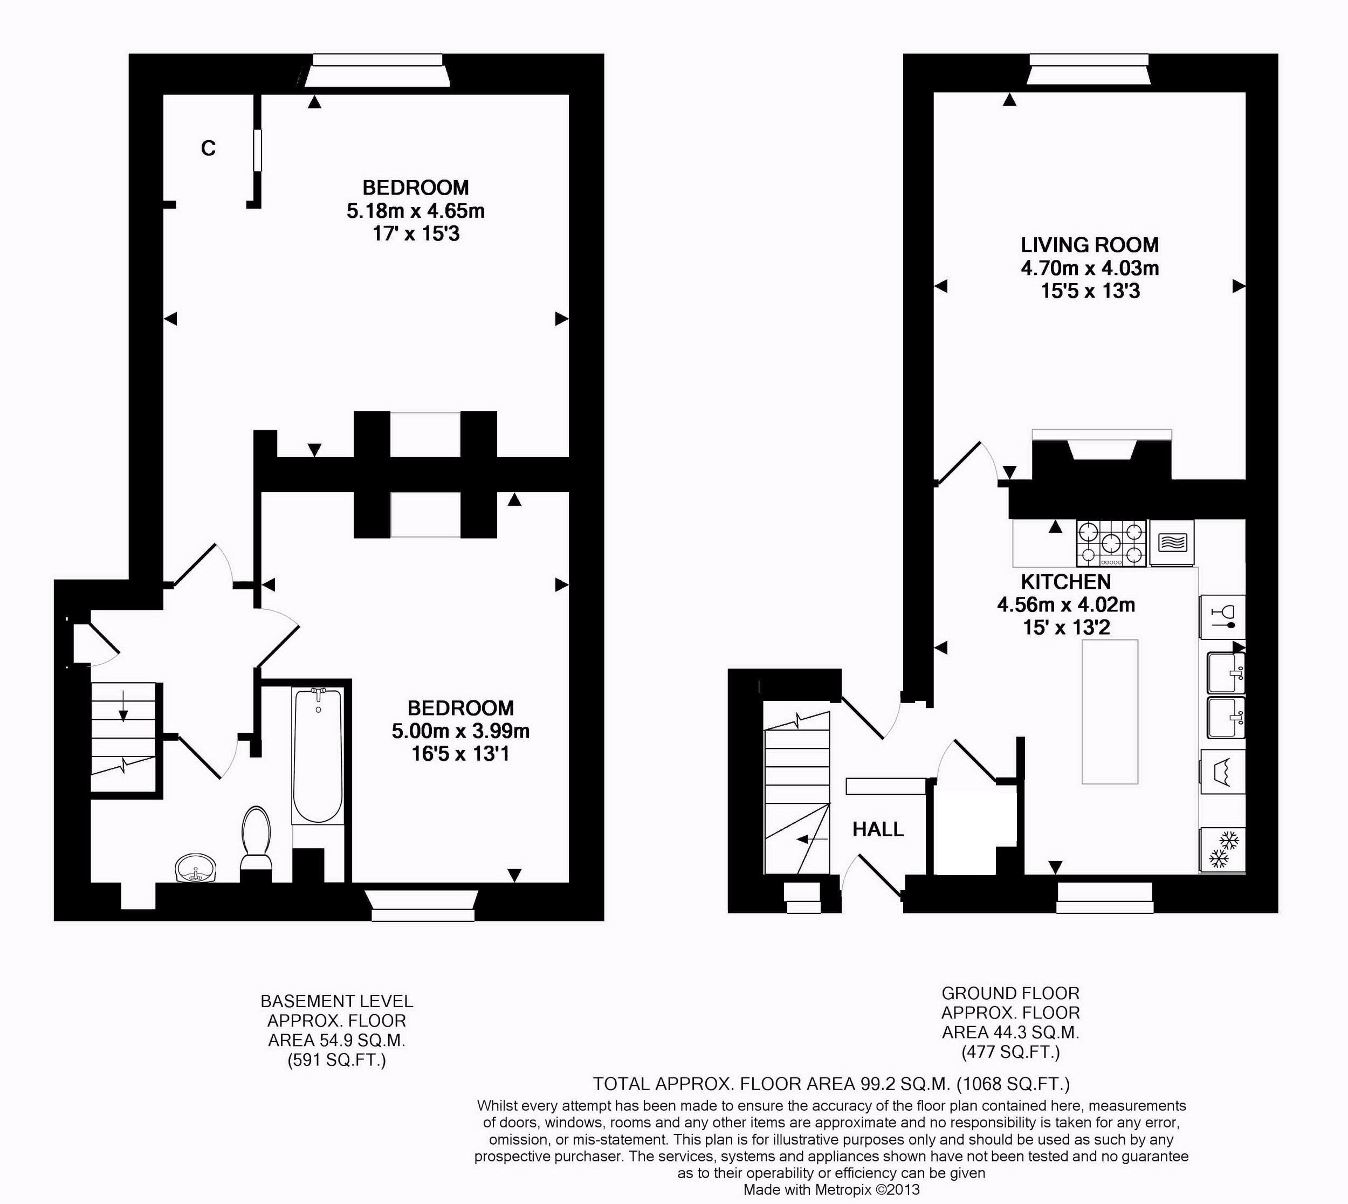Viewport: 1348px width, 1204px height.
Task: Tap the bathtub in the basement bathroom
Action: pyautogui.click(x=318, y=755)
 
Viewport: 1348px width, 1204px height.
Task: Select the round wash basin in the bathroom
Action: pyautogui.click(x=195, y=869)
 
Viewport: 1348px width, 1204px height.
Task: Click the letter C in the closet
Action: pyautogui.click(x=208, y=149)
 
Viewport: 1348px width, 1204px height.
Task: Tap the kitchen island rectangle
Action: pyautogui.click(x=1110, y=711)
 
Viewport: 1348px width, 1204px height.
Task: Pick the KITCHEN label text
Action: pyautogui.click(x=1065, y=582)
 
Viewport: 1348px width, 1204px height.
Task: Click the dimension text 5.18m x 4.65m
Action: pyautogui.click(x=415, y=211)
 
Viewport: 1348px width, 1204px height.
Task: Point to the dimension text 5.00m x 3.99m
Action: pyautogui.click(x=460, y=731)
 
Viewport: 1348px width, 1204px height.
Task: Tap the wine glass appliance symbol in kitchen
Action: pyautogui.click(x=1222, y=616)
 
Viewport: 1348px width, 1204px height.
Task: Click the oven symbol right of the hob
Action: pyautogui.click(x=1173, y=542)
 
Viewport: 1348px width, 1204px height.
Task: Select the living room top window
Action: pyautogui.click(x=1089, y=70)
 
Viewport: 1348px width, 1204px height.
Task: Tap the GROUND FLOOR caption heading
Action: pyautogui.click(x=1010, y=994)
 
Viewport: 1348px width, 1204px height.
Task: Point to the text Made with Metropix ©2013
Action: pyautogui.click(x=831, y=1189)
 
